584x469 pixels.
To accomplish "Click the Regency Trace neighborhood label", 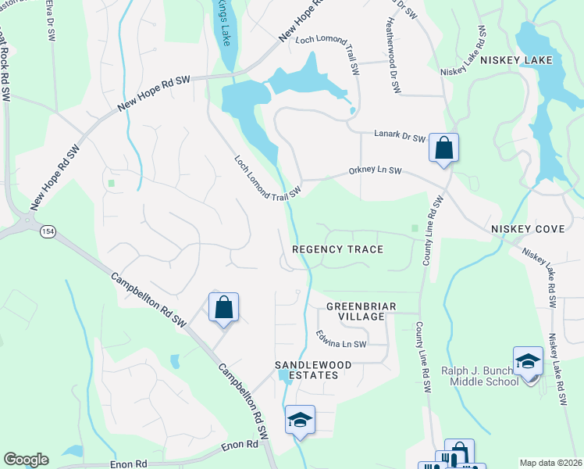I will (x=337, y=249).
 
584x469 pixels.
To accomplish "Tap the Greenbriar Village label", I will (x=355, y=311).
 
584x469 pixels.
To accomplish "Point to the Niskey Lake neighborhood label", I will (x=516, y=60).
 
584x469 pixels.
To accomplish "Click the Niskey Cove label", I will (x=522, y=228).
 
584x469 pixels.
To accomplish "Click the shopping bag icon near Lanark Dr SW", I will (x=443, y=148).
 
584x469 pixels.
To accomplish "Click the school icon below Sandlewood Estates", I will (x=300, y=420).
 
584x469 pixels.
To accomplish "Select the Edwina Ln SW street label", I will (x=341, y=340).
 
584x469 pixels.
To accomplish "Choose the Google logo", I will (x=26, y=460).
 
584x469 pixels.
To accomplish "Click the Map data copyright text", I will (x=550, y=463).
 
